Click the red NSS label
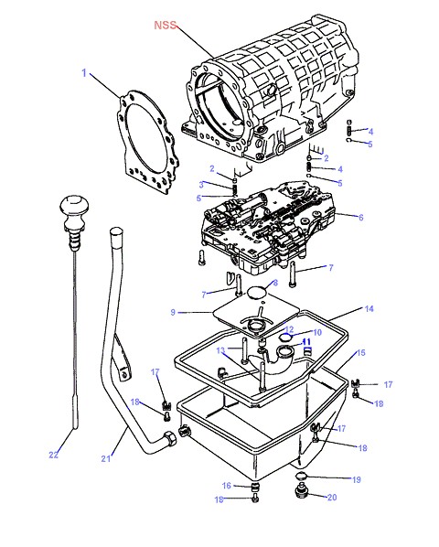coord(166,25)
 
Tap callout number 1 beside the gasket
coord(84,73)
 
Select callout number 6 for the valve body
coord(361,218)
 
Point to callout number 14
coord(369,309)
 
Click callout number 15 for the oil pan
coord(361,353)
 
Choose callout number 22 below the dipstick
coord(53,455)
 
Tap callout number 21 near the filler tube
coord(106,458)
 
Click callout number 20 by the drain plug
coord(332,497)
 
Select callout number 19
coord(357,479)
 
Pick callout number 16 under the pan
coord(227,485)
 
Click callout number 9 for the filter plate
coord(173,312)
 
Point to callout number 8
coord(275,283)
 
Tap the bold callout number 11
coord(306,341)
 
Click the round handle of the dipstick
coord(74,205)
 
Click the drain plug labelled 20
coord(300,491)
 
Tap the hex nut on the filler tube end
coord(170,438)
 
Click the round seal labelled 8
coord(256,293)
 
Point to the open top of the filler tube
coord(116,231)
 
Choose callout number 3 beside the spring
coord(201,184)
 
